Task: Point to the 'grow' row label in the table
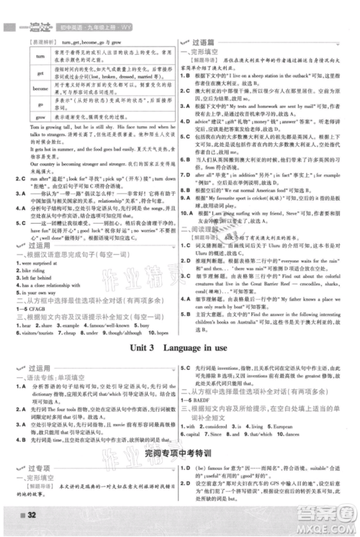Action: [24, 114]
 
